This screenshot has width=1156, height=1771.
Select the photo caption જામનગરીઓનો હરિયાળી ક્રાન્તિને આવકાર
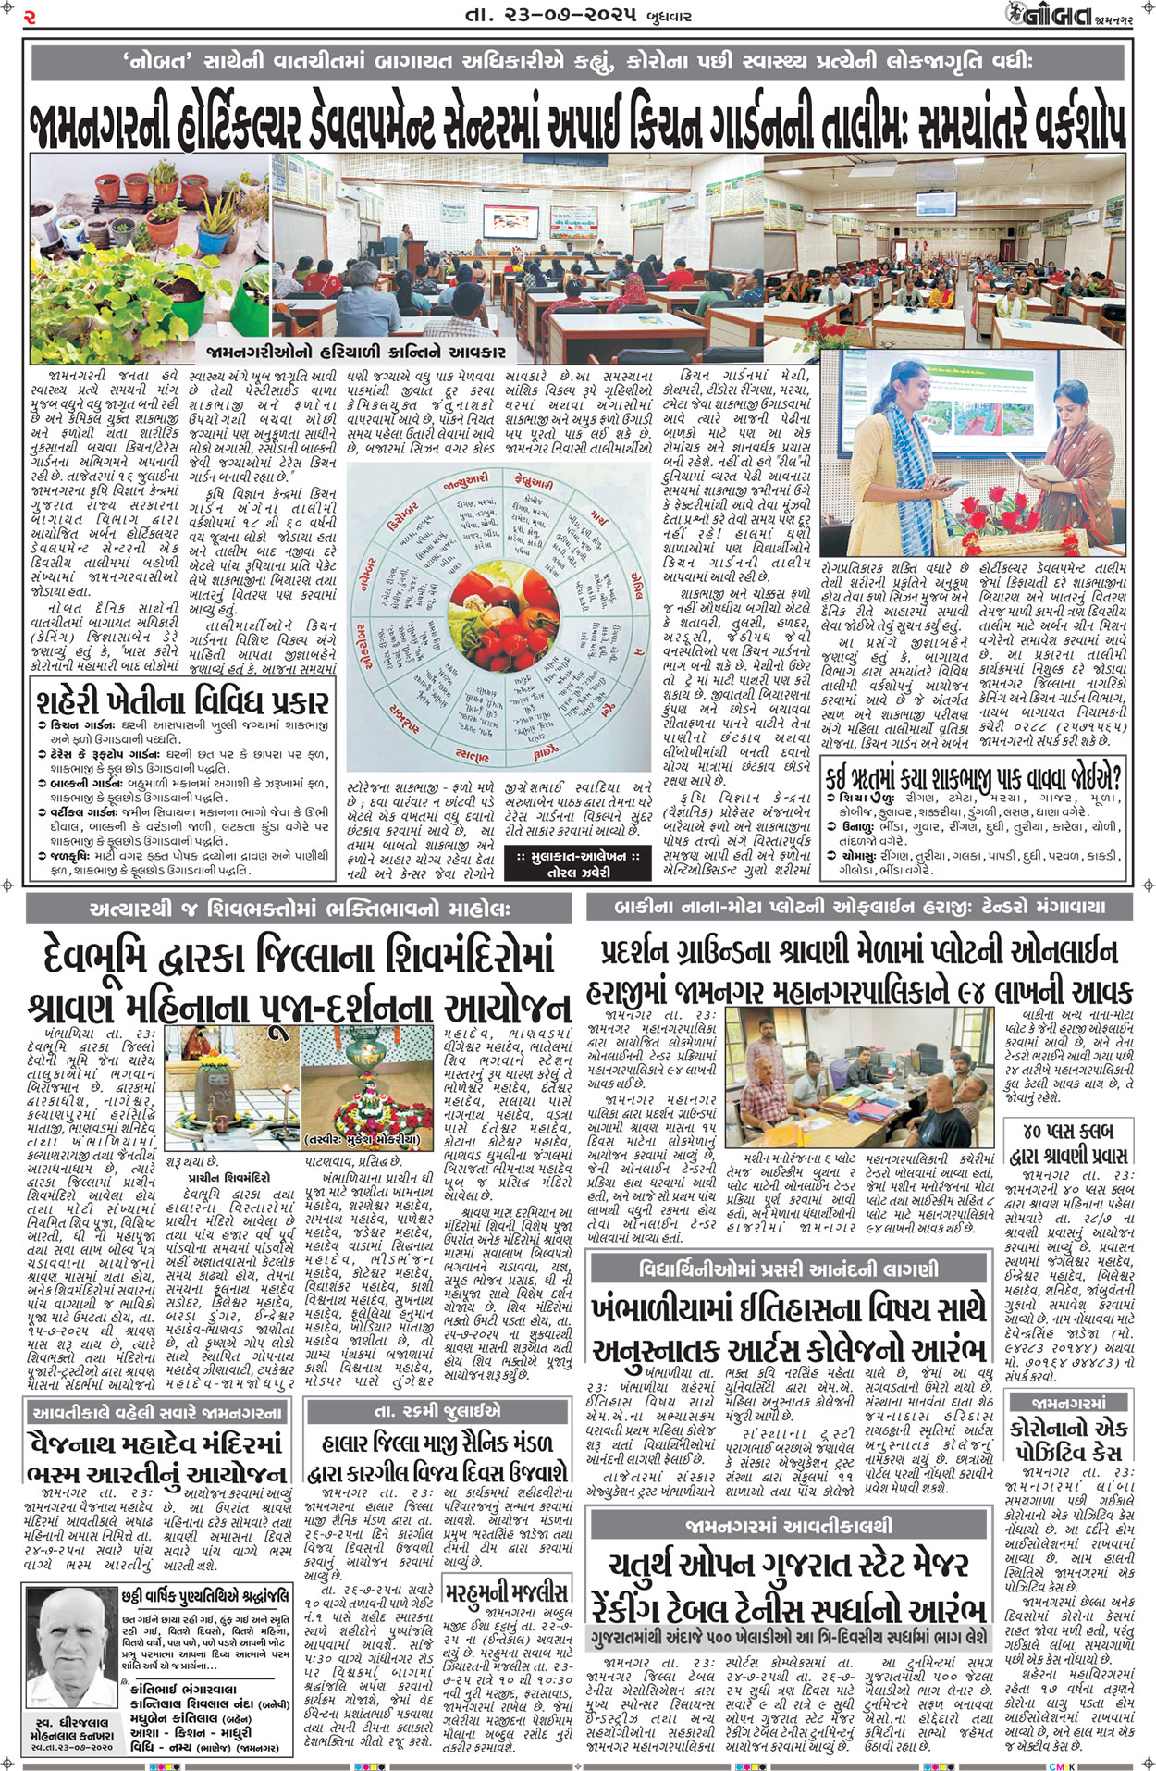pyautogui.click(x=356, y=352)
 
